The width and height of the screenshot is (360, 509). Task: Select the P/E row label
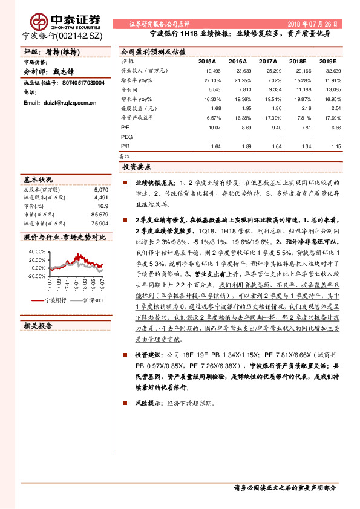(x=125, y=128)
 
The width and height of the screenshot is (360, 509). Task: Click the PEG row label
(x=126, y=137)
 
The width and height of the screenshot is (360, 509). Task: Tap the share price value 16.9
(x=102, y=206)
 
